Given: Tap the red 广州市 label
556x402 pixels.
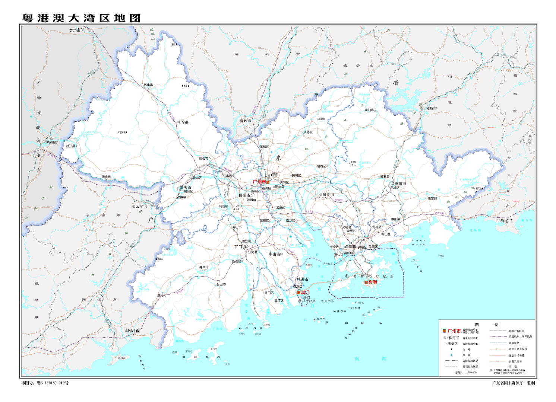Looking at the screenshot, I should (x=259, y=182).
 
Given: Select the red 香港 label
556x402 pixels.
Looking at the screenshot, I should (x=372, y=282).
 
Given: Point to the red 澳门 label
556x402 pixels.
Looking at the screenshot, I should (x=305, y=293).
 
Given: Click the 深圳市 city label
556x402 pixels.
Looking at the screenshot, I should (x=350, y=246).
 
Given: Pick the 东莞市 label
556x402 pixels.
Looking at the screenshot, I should (x=328, y=194).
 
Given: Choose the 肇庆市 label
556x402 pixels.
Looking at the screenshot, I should (x=185, y=187).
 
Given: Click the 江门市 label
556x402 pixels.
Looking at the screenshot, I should (x=240, y=246).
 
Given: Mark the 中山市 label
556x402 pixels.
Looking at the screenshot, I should (x=274, y=254).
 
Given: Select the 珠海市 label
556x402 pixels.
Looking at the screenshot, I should (x=302, y=279).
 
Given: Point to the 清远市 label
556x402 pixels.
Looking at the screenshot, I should (x=245, y=121).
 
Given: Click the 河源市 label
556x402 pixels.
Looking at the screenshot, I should (x=431, y=109).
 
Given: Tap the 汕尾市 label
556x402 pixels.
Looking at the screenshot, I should (x=506, y=221).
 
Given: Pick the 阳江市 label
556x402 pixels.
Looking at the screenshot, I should (x=133, y=331).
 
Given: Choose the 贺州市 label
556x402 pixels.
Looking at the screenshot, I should (x=75, y=30).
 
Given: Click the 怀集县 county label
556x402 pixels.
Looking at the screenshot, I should (x=148, y=85).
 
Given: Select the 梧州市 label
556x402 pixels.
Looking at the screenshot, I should (x=52, y=143).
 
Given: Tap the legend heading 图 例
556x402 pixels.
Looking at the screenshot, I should (x=486, y=325).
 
